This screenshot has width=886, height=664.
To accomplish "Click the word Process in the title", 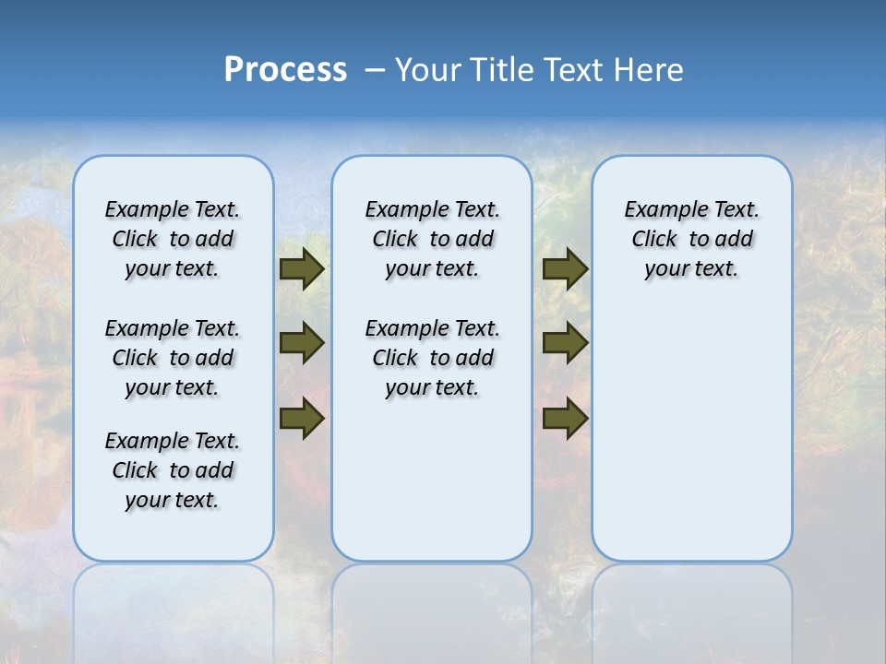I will pyautogui.click(x=285, y=69).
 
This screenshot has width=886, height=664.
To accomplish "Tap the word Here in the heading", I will pyautogui.click(x=649, y=69).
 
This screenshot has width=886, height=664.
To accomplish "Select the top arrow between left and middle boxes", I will pyautogui.click(x=301, y=269).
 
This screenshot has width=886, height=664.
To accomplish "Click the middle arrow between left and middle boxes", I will pyautogui.click(x=301, y=343).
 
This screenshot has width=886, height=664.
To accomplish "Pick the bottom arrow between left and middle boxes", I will pyautogui.click(x=301, y=418).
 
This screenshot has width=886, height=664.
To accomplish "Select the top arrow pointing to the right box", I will pyautogui.click(x=565, y=269).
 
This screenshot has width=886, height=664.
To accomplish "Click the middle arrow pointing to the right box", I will pyautogui.click(x=565, y=343).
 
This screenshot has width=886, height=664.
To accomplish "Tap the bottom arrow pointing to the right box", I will pyautogui.click(x=565, y=418).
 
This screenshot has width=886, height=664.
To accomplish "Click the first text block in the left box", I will pyautogui.click(x=173, y=239).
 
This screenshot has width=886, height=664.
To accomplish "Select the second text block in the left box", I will pyautogui.click(x=173, y=358).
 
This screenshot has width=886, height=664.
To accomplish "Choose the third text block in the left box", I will pyautogui.click(x=173, y=470).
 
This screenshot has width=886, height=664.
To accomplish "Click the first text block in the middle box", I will pyautogui.click(x=432, y=239).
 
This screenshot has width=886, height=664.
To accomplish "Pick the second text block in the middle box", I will pyautogui.click(x=432, y=358).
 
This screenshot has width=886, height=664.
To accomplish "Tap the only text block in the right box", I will pyautogui.click(x=691, y=239).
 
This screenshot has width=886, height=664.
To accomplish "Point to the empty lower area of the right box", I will pyautogui.click(x=691, y=433).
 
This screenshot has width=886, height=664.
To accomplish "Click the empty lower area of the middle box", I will pyautogui.click(x=432, y=480).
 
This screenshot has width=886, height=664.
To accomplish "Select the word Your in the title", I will pyautogui.click(x=428, y=69).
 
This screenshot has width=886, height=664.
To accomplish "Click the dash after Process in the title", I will pyautogui.click(x=375, y=70).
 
